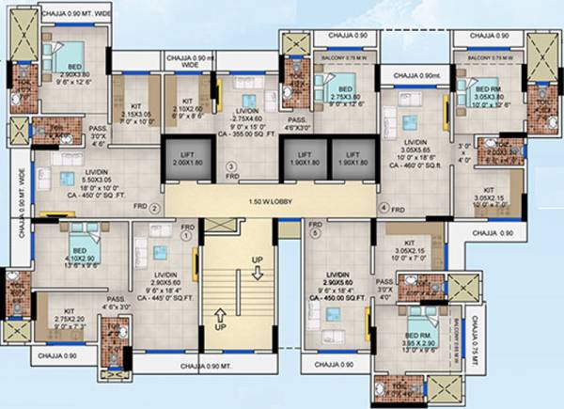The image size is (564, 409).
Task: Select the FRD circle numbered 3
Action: [x=231, y=165]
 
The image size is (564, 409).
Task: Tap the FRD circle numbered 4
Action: [x=383, y=207]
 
